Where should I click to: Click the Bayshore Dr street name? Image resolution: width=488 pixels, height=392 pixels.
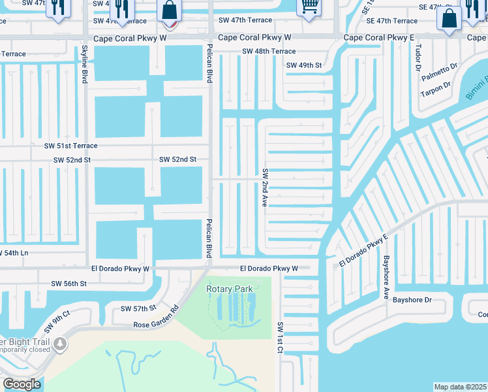412,300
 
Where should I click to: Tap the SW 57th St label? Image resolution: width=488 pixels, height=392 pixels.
138,308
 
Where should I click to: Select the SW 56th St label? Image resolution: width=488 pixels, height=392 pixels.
69,284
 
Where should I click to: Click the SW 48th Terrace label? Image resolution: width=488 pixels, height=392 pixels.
268,52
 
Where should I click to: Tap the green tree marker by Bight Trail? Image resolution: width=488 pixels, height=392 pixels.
60,343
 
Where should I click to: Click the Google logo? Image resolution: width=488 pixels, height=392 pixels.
22,384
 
